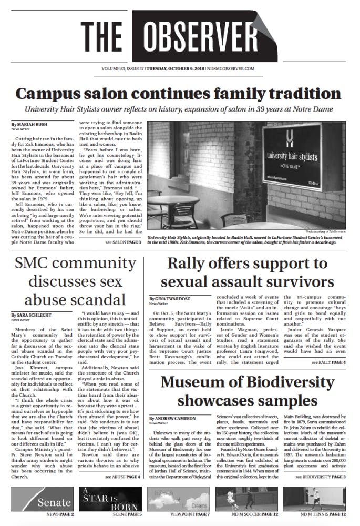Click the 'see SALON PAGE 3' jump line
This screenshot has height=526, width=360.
coord(123,242)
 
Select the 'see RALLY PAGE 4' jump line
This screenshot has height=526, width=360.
coord(328,362)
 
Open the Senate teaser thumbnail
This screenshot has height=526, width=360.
coord(43,499)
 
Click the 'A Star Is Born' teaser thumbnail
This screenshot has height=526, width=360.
coord(111,499)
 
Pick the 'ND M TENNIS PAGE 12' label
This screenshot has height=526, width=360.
coord(323,514)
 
